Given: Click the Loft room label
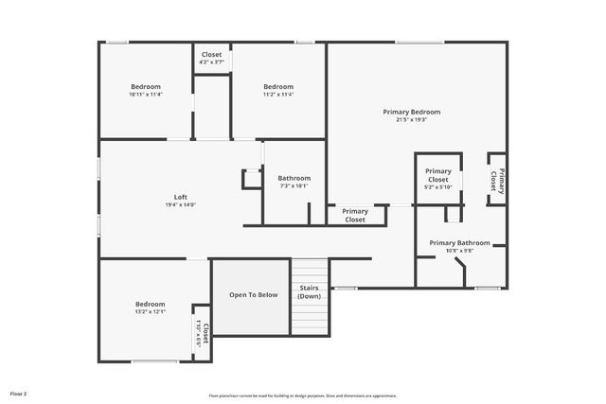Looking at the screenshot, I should point(180,197).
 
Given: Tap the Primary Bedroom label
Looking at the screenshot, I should point(411,112).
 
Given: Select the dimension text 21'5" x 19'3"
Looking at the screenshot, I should point(411,120).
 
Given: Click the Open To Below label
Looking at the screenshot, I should point(254,295).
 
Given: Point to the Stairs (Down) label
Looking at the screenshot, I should point(309,291).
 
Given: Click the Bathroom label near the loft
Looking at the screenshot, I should point(294,178).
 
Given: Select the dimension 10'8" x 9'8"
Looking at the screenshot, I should point(453,251).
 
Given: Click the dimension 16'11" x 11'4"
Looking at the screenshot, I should point(146,95).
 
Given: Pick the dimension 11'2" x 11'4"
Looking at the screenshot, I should point(278,95).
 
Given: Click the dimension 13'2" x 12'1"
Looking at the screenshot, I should point(151,312).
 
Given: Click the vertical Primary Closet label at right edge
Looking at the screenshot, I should point(498,180).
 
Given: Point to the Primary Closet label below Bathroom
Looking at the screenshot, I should point(355,215).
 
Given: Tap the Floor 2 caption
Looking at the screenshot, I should point(19,393).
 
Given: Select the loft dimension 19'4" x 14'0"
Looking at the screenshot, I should point(180,205).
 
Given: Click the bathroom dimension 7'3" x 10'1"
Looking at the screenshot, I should point(294,186).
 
